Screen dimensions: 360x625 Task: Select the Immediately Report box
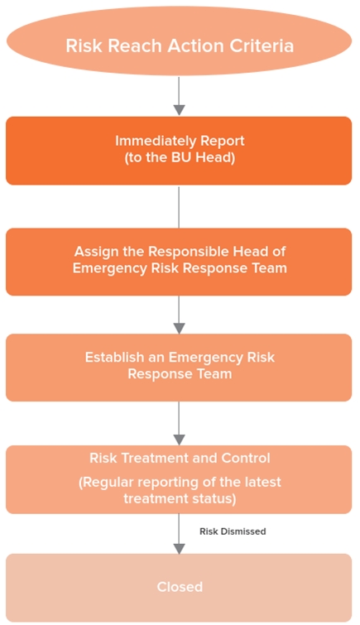pos(179,151)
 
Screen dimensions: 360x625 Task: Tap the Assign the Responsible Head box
pos(179,262)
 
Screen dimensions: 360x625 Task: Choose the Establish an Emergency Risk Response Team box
pos(179,368)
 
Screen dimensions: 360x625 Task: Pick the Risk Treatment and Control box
pos(179,479)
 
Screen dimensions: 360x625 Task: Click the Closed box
pos(179,588)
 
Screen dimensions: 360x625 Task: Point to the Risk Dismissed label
pos(233,531)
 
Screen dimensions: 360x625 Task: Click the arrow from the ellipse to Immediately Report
pos(179,96)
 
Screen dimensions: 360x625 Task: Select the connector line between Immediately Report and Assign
pos(179,206)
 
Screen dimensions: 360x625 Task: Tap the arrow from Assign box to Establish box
pos(179,315)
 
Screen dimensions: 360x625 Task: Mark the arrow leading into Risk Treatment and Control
pos(179,423)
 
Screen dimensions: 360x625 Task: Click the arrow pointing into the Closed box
pos(179,534)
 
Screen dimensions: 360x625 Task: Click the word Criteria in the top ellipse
pos(262,46)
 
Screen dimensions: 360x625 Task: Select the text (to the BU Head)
pos(180,157)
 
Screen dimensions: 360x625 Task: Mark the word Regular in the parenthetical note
pos(104,483)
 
